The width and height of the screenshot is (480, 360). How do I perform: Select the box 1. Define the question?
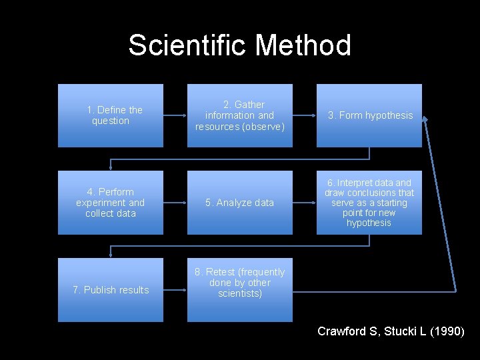coord(111,115)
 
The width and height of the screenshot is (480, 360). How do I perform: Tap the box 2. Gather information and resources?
coord(240,115)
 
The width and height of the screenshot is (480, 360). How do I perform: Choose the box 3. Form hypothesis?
coord(369,115)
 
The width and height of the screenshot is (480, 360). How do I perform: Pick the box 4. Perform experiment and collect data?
coord(111,203)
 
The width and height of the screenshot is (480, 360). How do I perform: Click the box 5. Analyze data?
coord(240,203)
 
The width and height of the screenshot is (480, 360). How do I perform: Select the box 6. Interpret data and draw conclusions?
coord(369,203)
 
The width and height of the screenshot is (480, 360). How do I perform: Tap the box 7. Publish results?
coord(111,290)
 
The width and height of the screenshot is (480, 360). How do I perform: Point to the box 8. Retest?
coord(240,290)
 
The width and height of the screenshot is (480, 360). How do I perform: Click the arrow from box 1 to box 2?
coord(175,115)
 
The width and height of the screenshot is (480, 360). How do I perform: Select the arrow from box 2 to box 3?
coord(304,115)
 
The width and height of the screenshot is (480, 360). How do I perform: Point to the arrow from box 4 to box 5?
coord(175,203)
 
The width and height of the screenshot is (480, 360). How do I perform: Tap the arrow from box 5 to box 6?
coord(304,203)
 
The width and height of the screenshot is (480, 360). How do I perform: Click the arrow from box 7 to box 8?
coord(175,290)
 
